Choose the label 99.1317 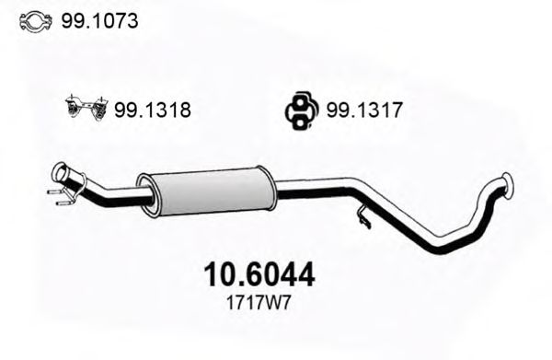[x=365, y=110]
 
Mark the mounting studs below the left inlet [x=58, y=195]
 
